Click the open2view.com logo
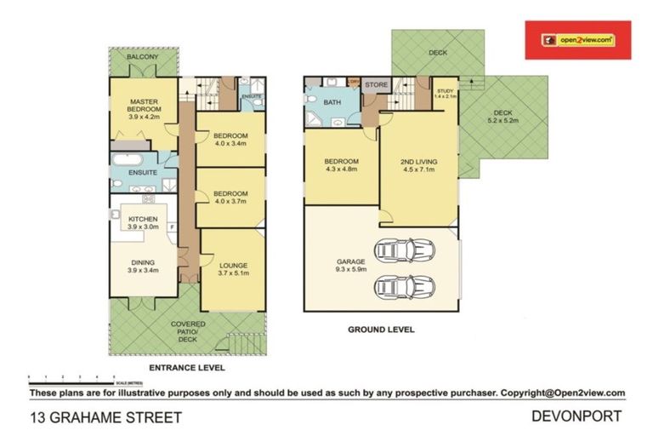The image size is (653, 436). pos(577,40)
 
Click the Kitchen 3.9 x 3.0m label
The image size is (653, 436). pos(143,223)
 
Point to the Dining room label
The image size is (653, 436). pos(143,265)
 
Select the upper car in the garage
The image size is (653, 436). pos(406,250)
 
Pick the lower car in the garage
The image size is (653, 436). pos(406,287)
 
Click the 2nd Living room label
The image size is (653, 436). pos(417,164)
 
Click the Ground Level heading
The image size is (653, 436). pos(381,329)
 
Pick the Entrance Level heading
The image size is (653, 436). pos(186,368)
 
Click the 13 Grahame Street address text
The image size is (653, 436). pos(106,417)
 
